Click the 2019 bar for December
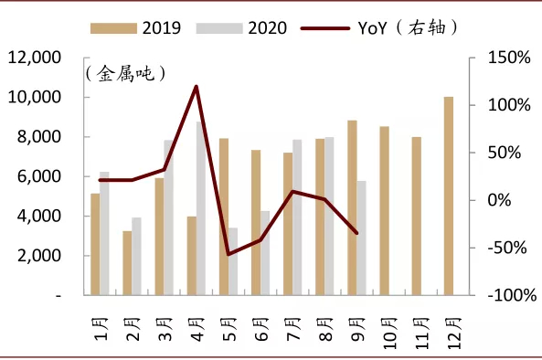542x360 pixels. coord(448,196)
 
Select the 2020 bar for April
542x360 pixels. coord(201,208)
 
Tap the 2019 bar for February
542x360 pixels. coord(128,263)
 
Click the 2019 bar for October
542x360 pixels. coord(384,211)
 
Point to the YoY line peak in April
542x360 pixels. coord(197,87)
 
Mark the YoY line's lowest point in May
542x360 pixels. coord(228,254)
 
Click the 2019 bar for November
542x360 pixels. coord(416,216)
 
